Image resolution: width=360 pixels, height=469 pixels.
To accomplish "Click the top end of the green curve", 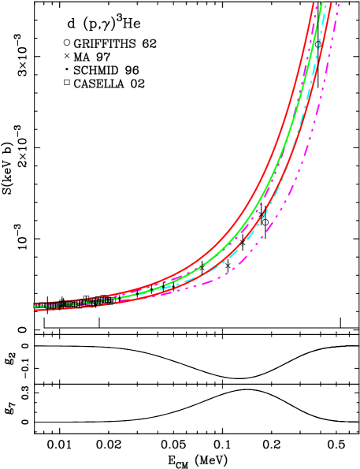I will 322,4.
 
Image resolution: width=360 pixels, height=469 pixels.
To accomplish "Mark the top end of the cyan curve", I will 326,6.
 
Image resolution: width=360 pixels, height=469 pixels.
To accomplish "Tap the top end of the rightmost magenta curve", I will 338,6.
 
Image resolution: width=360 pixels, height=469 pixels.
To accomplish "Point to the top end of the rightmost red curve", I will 331,4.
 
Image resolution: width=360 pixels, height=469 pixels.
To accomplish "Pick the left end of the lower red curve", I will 35,310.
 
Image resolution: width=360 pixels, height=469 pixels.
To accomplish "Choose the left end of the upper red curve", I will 35,304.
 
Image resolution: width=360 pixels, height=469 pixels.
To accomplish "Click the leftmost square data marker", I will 36,306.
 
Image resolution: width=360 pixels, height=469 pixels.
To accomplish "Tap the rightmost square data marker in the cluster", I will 116,299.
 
